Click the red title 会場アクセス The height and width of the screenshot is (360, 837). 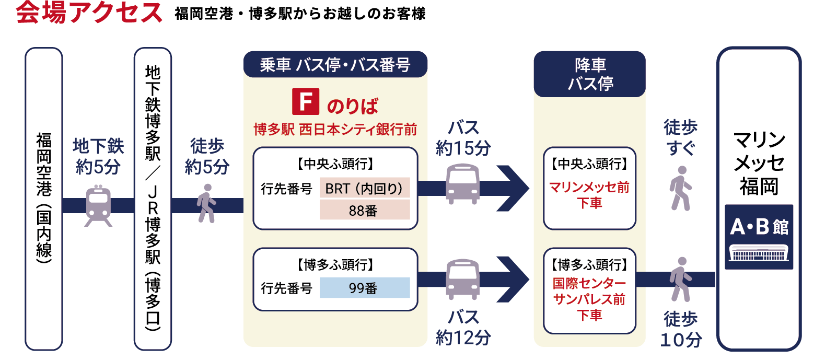pos(89,13)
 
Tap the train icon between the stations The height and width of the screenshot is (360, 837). pos(98,205)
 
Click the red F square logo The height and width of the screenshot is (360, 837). pos(305,101)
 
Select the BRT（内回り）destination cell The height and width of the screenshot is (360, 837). pos(364,188)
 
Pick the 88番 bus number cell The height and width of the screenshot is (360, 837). pos(364,211)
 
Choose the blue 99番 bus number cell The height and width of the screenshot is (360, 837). pos(364,288)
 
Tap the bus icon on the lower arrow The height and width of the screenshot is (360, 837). pos(462,280)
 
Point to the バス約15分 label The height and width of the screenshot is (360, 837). pos(463,138)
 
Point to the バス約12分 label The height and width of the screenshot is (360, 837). pos(463,328)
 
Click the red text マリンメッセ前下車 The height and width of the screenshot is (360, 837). pos(589,194)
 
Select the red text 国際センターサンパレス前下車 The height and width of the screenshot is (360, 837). pos(589,299)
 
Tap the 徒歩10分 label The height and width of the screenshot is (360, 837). pos(681,329)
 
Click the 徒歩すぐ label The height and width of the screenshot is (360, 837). pos(680,137)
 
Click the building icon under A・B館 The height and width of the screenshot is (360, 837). pos(759,254)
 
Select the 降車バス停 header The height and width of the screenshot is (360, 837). pos(590,74)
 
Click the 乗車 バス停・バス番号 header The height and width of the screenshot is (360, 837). pos(335,65)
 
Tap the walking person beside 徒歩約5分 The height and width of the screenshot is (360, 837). pos(207,203)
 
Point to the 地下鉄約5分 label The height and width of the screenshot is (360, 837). pos(98,156)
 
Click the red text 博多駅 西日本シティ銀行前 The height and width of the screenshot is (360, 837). pos(335,129)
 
